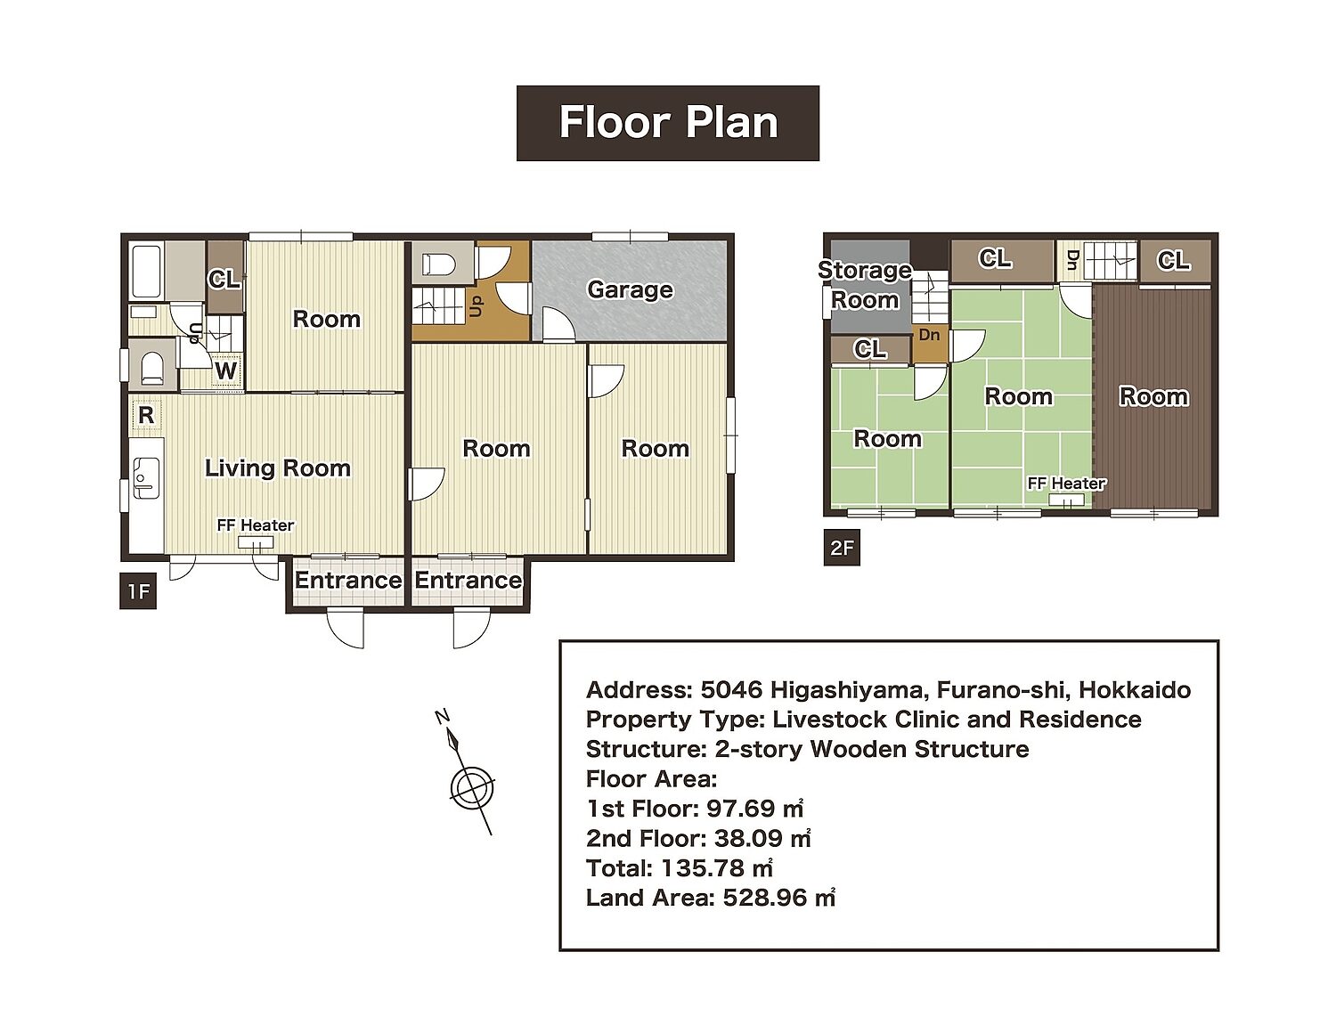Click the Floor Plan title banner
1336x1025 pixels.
[x=668, y=123]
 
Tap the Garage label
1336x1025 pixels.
[x=630, y=289]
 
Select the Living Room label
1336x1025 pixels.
[x=277, y=468]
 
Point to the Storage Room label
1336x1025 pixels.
[x=865, y=285]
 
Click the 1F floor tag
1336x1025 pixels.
[x=138, y=591]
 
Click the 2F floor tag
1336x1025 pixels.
[x=842, y=547]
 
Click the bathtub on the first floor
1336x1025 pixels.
[x=146, y=273]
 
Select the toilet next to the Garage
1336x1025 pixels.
[x=438, y=264]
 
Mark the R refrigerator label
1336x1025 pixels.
[x=146, y=415]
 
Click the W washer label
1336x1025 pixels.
[x=225, y=371]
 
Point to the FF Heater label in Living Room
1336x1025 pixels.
[x=255, y=525]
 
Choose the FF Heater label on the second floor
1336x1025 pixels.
[x=1067, y=484]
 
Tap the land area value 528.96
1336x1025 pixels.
[x=779, y=898]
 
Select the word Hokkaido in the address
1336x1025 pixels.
[x=1135, y=690]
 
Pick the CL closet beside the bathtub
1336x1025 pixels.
[x=224, y=277]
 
